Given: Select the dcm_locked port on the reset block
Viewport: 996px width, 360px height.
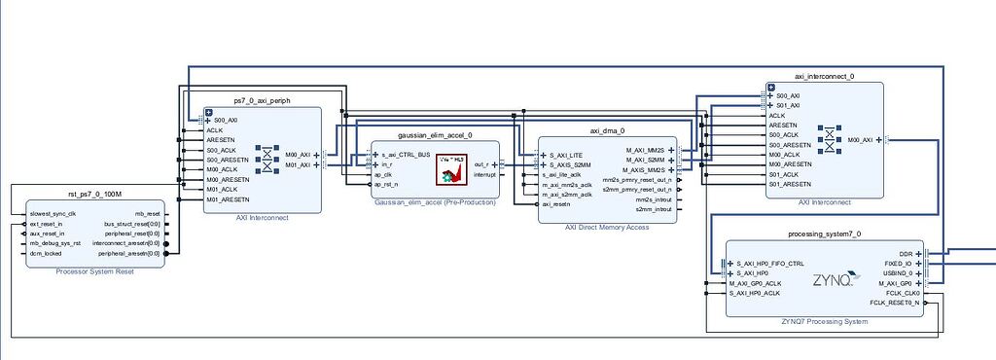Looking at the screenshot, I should (46, 253).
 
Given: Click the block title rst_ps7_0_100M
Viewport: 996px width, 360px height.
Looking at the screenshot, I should (93, 196).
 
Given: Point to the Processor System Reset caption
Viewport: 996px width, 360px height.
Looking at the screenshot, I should (94, 271).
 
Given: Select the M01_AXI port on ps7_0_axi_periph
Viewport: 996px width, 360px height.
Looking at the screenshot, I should (298, 164).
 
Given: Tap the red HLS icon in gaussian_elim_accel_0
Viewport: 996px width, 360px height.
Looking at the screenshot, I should (451, 169).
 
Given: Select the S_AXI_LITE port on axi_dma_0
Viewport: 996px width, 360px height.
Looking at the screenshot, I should (566, 155).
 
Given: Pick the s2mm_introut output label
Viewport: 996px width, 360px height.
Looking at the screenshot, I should (652, 209).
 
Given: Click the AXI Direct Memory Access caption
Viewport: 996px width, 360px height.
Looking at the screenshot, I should (608, 228).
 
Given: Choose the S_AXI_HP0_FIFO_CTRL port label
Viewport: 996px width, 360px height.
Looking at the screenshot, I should (770, 264).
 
